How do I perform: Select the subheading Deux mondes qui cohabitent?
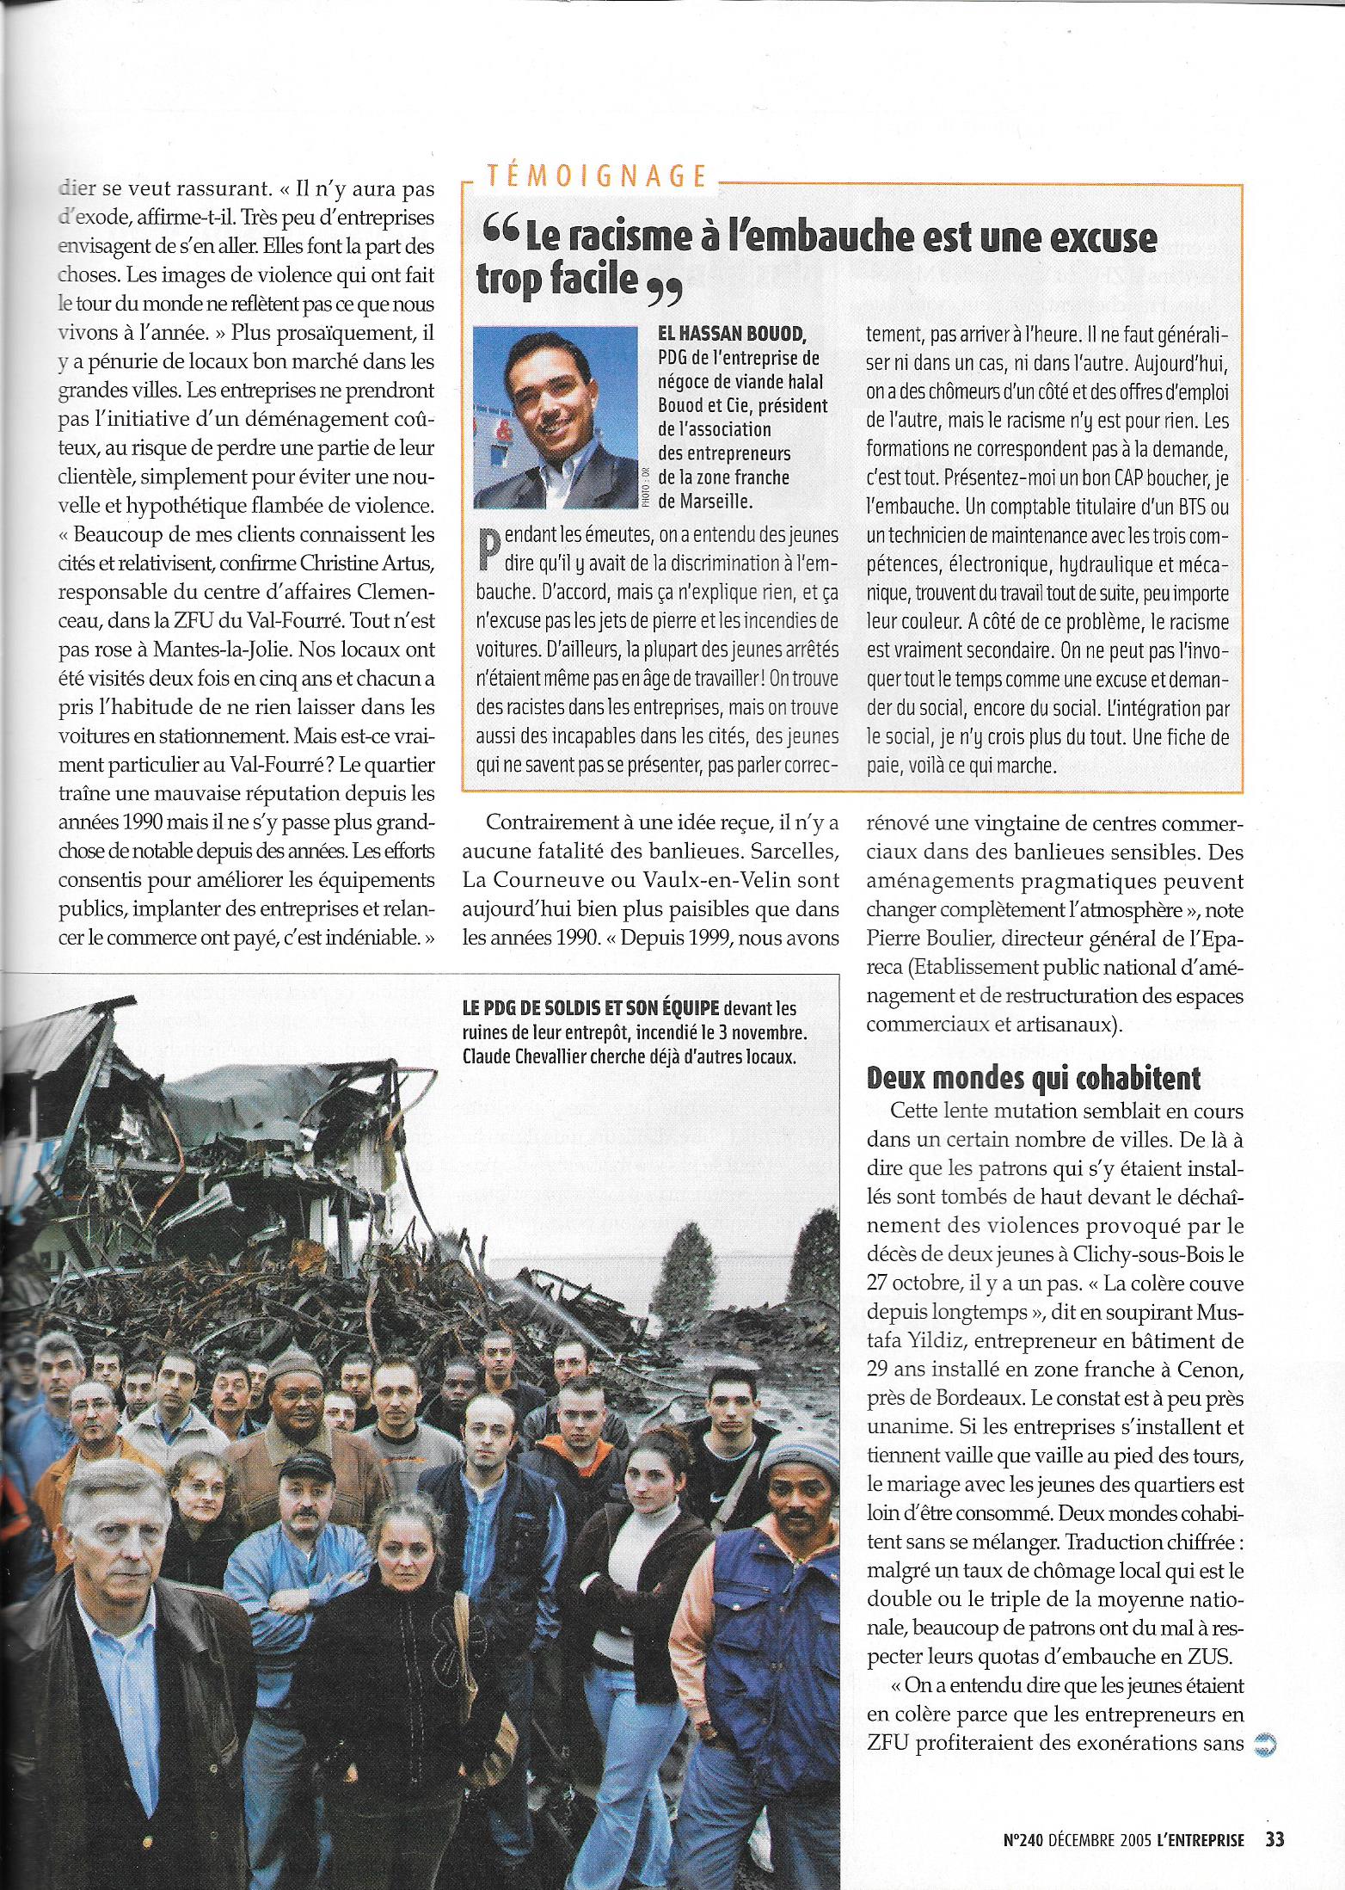1033,1078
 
